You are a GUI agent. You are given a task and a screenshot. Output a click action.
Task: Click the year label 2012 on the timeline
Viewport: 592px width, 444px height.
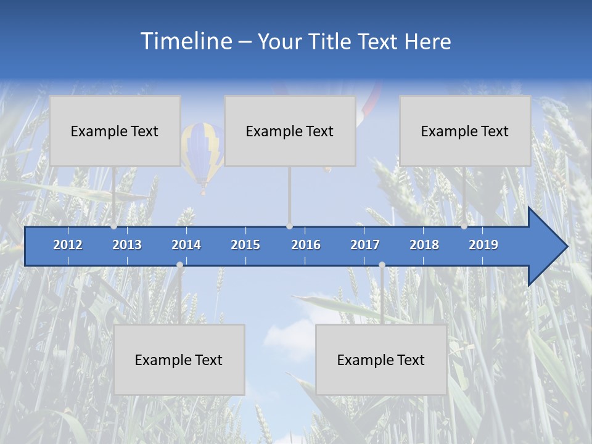68,245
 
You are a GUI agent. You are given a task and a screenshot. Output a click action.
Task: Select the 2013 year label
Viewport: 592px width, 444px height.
127,245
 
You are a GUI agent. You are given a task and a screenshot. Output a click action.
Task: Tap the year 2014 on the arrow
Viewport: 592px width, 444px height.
186,245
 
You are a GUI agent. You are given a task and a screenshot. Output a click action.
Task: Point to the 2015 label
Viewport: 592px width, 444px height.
245,245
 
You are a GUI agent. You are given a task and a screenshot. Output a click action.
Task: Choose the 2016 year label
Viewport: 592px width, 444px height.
306,245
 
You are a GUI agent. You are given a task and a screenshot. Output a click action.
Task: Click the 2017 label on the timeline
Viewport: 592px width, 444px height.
365,245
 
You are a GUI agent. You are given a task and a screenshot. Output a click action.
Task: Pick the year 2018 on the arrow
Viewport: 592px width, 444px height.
424,245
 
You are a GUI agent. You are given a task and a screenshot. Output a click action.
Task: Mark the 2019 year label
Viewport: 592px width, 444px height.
483,245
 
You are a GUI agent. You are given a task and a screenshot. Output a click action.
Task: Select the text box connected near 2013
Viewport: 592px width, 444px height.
115,131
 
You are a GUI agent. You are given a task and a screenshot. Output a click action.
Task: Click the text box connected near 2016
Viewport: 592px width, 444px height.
290,131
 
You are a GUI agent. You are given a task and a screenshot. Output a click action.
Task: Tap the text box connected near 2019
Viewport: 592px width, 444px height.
465,131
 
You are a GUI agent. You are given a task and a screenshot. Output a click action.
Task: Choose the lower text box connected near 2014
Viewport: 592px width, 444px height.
179,360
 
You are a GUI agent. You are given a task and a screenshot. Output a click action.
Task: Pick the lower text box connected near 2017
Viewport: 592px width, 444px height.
381,360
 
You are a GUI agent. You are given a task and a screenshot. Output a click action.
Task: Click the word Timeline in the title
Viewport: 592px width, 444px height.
185,41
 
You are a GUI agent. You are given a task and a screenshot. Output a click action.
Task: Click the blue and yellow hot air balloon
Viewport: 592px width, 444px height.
202,151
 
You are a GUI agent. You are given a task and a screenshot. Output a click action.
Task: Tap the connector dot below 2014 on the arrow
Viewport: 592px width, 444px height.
179,265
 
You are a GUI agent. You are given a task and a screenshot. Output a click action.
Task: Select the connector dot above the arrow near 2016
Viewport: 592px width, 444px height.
289,226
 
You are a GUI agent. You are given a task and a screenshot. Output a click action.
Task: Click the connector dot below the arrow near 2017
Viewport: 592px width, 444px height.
382,265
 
